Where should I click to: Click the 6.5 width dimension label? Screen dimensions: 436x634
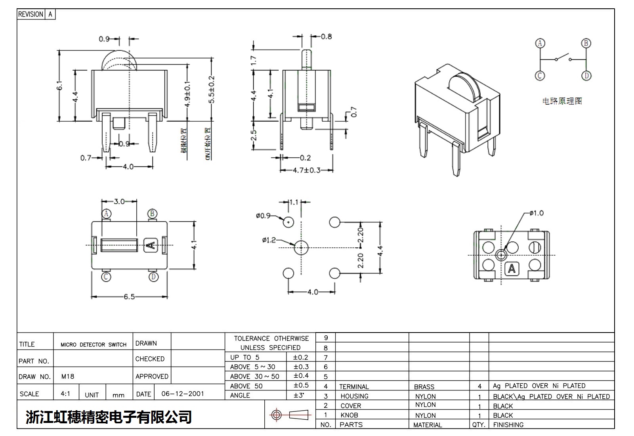[129, 296]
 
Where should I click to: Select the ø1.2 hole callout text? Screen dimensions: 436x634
[268, 240]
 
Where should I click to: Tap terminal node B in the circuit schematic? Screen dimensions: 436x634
[586, 43]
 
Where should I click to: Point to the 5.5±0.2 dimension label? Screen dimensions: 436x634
[212, 90]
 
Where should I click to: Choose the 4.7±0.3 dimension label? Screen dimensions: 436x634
[306, 170]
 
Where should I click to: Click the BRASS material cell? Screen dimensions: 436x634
[424, 386]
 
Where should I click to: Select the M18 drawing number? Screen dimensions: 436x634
[68, 376]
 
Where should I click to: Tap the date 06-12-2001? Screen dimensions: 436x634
[183, 394]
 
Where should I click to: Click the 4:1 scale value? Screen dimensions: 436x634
[65, 394]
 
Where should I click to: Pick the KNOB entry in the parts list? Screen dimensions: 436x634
[349, 415]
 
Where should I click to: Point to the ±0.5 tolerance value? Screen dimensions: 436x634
[301, 385]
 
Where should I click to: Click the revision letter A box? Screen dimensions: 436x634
[50, 14]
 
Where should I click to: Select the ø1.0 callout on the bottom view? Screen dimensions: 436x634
[537, 213]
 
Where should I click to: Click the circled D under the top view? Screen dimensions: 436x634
[154, 277]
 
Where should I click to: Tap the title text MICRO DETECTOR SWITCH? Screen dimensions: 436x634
[94, 344]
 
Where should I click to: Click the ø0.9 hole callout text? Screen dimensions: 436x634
[263, 216]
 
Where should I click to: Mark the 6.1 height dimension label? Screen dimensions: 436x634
[60, 86]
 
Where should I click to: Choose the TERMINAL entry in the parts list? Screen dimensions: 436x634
[354, 386]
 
